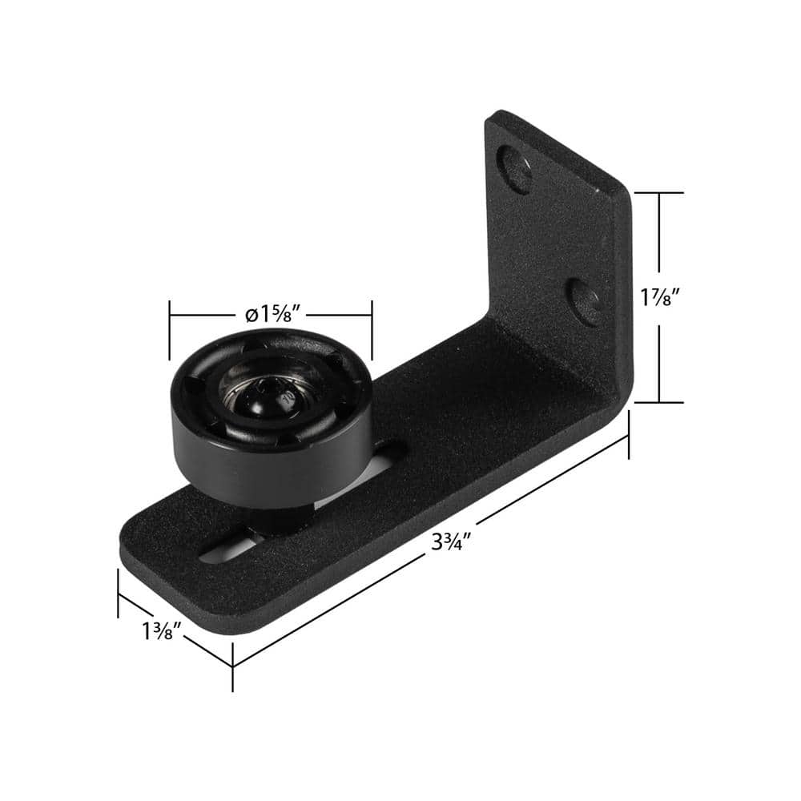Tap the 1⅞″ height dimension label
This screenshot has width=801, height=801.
[x=661, y=297]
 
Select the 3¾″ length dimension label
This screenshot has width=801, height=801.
[x=448, y=541]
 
